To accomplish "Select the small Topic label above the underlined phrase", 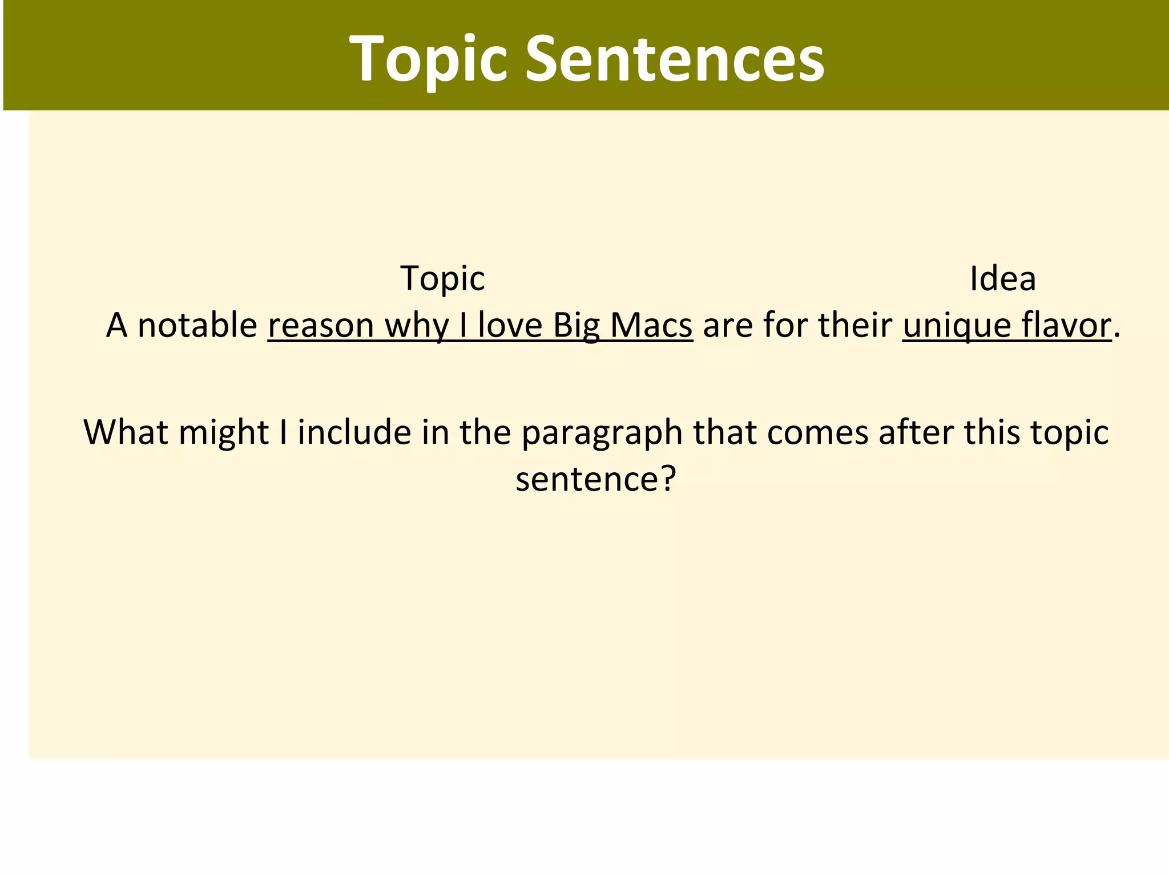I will pyautogui.click(x=442, y=279).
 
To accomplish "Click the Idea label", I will pyautogui.click(x=1003, y=279).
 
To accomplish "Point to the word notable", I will pyautogui.click(x=197, y=325).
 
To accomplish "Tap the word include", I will pyautogui.click(x=354, y=432).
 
